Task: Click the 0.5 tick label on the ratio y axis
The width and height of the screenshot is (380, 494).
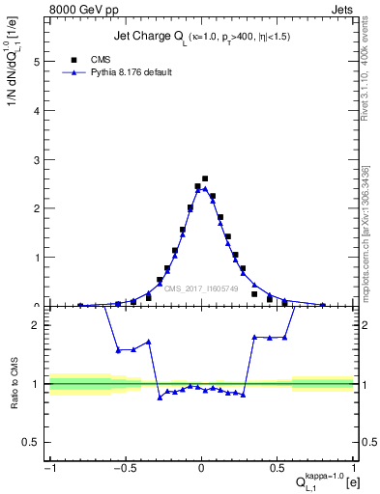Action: click(33, 442)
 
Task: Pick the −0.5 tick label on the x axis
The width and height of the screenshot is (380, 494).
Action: click(124, 470)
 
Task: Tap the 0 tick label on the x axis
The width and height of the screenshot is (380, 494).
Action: click(201, 470)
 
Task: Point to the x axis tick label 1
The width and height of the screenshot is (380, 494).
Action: click(353, 470)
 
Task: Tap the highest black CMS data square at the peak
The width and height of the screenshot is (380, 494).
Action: click(205, 178)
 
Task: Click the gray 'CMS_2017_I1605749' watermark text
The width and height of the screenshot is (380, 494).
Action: click(201, 288)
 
